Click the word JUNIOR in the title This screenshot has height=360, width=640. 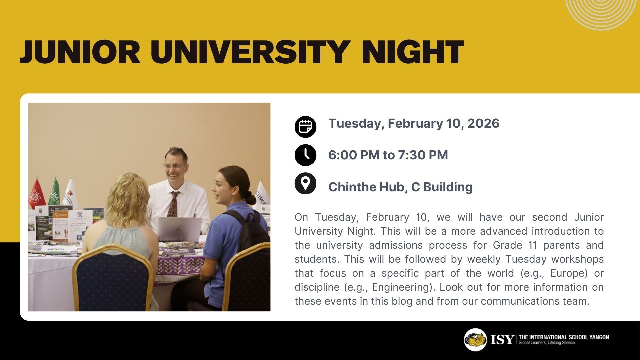coord(80,52)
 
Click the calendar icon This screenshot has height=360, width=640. coord(305,127)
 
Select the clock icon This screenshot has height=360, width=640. coord(305,155)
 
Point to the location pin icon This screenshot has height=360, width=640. coord(305,183)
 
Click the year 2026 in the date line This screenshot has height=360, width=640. coord(483,123)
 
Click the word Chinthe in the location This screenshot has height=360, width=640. coord(352,187)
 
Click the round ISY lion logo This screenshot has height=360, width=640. coord(475,340)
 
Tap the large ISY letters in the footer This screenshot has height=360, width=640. coord(502,340)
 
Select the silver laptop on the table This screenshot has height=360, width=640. coord(179,230)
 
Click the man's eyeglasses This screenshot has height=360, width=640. coord(173,166)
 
